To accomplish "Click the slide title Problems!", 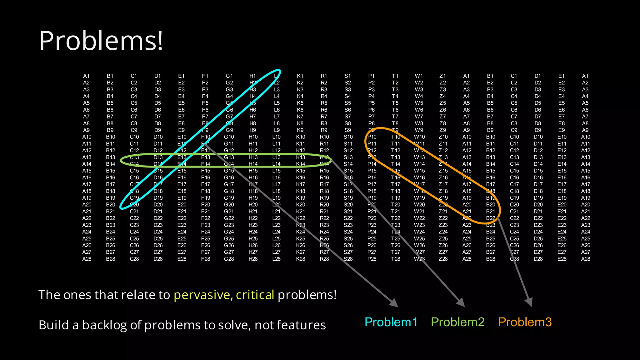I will (x=101, y=41).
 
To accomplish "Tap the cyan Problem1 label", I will (x=391, y=322).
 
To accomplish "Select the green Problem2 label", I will (x=457, y=322).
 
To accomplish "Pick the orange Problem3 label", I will (x=525, y=322).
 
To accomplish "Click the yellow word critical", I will (x=255, y=295).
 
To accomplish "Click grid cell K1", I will (x=300, y=76).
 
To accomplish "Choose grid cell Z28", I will (x=443, y=259).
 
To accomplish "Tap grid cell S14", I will (x=348, y=164).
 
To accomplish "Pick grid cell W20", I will (x=419, y=205).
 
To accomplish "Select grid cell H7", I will (x=252, y=117).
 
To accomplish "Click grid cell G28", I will (x=229, y=259).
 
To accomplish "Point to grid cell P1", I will (x=371, y=76).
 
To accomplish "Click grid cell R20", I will (x=324, y=205).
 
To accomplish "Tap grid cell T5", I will (x=395, y=103).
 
